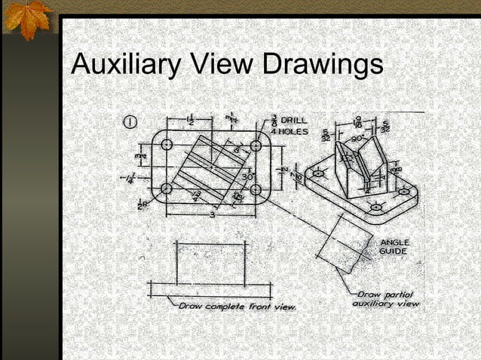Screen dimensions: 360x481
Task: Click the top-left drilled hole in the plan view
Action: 167,144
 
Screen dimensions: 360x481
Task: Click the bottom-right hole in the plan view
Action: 255,189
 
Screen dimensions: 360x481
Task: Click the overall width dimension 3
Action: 212,215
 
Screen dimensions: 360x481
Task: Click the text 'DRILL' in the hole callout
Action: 293,121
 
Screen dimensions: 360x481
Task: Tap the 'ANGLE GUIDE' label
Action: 394,248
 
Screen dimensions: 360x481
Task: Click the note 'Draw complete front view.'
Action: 237,307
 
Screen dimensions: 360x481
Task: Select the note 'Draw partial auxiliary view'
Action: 384,299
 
